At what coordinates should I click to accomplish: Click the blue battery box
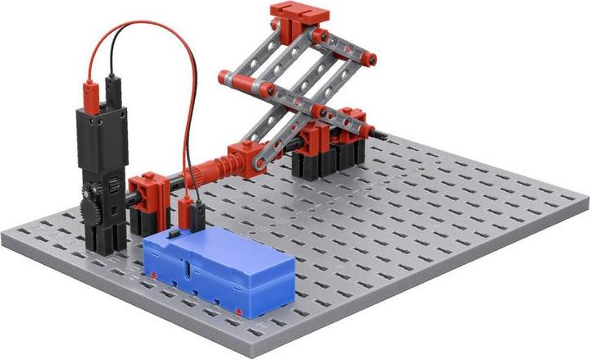click(220, 271)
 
